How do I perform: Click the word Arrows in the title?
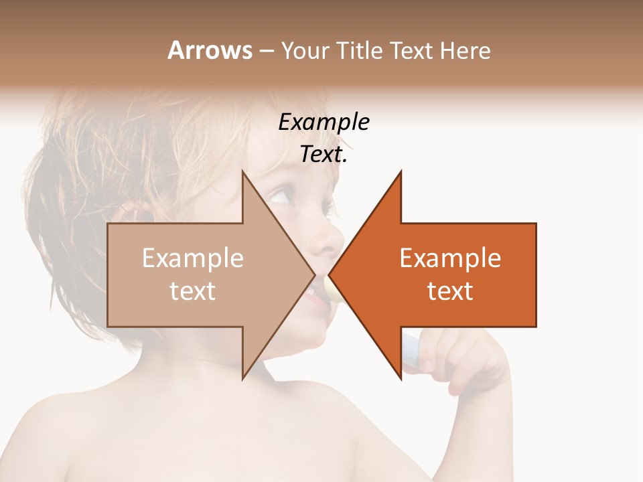click(210, 50)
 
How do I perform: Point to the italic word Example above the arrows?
click(324, 122)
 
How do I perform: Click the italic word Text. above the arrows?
click(324, 154)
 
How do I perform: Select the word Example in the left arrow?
click(193, 258)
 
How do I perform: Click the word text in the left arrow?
click(193, 291)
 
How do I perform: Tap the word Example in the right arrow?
click(450, 258)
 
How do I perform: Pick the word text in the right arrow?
click(450, 291)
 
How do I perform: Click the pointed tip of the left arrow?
click(314, 274)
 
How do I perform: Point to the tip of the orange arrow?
click(330, 274)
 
